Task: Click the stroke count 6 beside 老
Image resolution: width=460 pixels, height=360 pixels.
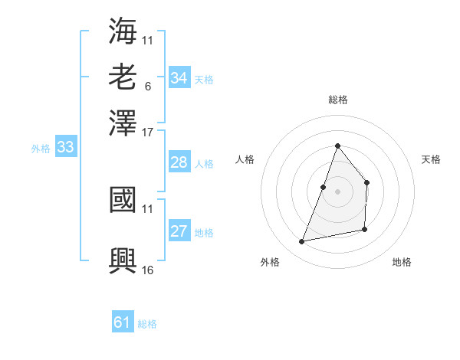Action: coord(147,86)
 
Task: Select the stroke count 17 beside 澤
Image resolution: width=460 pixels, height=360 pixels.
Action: coord(148,132)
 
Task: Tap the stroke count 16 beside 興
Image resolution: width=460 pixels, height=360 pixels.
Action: coord(148,270)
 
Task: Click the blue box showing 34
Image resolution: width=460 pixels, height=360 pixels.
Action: coord(179,78)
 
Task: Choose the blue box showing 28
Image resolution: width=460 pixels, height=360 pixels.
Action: coord(179,162)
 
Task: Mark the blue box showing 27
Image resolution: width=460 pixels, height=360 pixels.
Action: coord(179,232)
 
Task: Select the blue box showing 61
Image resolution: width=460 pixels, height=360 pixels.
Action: coord(123,322)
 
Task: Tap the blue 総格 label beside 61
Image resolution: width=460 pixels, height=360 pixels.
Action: coord(147,324)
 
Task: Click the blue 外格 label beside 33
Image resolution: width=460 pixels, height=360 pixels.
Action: coord(41,149)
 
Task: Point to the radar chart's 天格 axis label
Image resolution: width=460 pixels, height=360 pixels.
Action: coord(432,159)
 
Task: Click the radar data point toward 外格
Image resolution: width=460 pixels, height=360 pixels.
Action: coord(302,242)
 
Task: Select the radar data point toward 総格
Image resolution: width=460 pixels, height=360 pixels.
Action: coord(337,146)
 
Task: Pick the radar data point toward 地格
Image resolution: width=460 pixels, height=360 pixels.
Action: coord(365,229)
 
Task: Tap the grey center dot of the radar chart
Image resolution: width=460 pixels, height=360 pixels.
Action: coord(337,191)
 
